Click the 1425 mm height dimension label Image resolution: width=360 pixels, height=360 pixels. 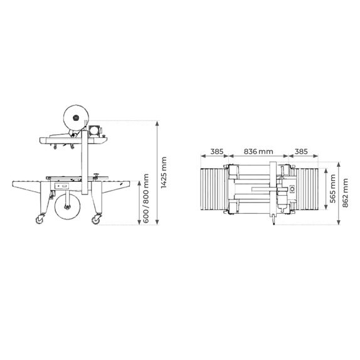point(164,172)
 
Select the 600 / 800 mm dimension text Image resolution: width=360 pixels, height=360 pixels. point(146,198)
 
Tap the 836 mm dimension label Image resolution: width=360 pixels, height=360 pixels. point(258,152)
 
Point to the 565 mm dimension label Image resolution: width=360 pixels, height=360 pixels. point(332,189)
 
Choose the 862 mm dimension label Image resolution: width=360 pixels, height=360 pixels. point(346,193)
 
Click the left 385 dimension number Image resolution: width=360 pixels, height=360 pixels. point(217,152)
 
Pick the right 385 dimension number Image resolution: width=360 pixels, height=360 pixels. point(301,152)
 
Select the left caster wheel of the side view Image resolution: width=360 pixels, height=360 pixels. point(40,219)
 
